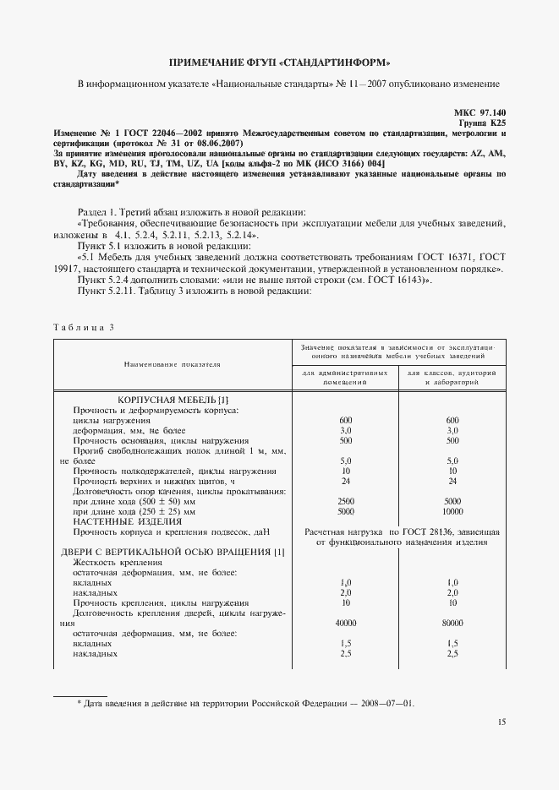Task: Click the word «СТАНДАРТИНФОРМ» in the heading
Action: [332, 62]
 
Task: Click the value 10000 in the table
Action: [452, 511]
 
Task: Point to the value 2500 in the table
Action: [345, 501]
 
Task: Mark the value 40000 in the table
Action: [345, 623]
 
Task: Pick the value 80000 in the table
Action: [452, 623]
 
